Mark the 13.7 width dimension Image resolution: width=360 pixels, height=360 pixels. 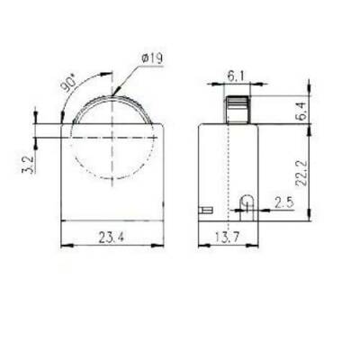pos(228,238)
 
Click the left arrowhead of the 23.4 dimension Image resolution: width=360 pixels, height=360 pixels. pos(62,247)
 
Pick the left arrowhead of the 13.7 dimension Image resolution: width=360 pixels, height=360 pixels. pos(200,247)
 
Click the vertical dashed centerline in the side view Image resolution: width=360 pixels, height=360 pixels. pos(229,162)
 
